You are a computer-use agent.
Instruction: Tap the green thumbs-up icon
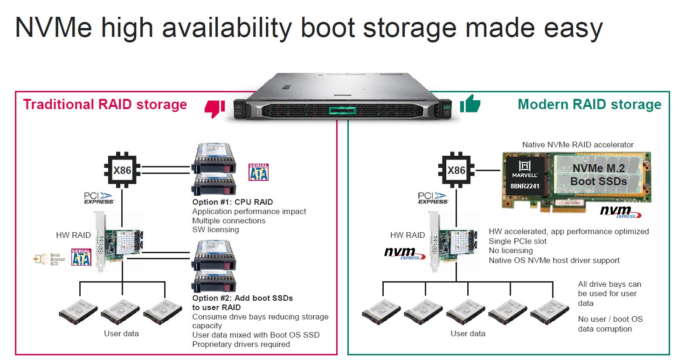470,104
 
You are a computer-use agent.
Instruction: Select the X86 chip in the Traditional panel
123,170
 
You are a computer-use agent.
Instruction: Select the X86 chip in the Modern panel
457,170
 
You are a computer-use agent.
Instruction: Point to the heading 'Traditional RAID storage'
105,104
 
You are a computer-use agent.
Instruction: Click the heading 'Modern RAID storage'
589,104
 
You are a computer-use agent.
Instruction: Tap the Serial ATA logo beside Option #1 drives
259,172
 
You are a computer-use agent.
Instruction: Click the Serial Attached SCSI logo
46,258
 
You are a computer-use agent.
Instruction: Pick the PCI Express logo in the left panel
99,198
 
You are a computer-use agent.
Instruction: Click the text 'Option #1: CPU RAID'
233,202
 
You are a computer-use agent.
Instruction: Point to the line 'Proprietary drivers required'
241,344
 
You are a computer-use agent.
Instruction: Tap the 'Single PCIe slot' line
518,241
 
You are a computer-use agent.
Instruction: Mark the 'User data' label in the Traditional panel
121,333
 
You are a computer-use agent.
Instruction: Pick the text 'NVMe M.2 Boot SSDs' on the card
599,175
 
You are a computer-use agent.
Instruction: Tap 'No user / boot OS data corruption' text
610,324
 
